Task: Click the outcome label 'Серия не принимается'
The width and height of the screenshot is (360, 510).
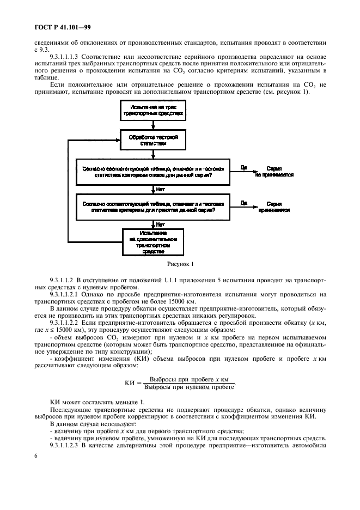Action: pos(274,172)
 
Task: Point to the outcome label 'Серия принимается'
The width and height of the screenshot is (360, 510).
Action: pos(274,207)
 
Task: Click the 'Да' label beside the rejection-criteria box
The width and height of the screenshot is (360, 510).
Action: pos(243,168)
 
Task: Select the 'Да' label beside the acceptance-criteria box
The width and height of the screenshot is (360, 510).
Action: pos(243,202)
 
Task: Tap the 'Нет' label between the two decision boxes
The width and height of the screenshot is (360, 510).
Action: pos(160,189)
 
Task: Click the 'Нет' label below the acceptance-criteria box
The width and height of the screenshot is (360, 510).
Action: pos(160,223)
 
